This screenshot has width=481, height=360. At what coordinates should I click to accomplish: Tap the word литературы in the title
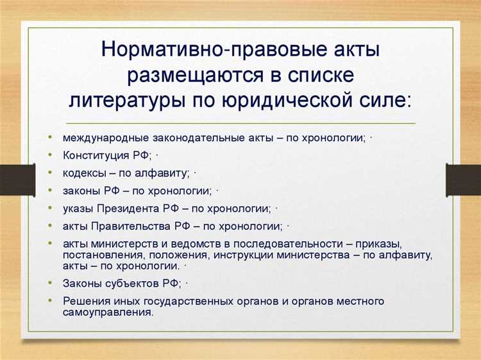(x=127, y=101)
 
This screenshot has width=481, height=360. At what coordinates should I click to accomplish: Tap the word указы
(x=77, y=209)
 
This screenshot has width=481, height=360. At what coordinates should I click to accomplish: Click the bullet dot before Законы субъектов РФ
(x=51, y=282)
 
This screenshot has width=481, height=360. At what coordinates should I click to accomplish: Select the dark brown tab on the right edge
(x=464, y=180)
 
